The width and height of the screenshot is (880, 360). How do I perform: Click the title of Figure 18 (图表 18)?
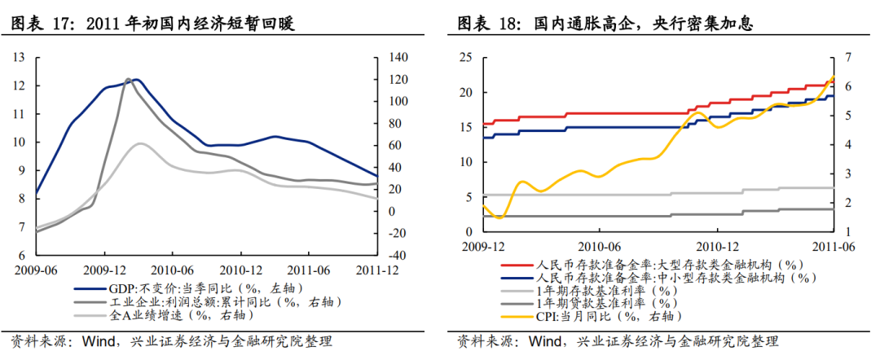tap(604, 24)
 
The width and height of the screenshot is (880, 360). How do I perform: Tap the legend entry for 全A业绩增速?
tap(163, 314)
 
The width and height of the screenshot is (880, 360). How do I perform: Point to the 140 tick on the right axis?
tap(397, 57)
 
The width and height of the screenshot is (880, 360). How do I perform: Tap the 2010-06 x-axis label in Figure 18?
tap(599, 246)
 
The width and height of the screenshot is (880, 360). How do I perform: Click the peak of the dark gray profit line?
tap(128, 80)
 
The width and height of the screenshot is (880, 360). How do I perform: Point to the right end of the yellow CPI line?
tap(833, 77)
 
